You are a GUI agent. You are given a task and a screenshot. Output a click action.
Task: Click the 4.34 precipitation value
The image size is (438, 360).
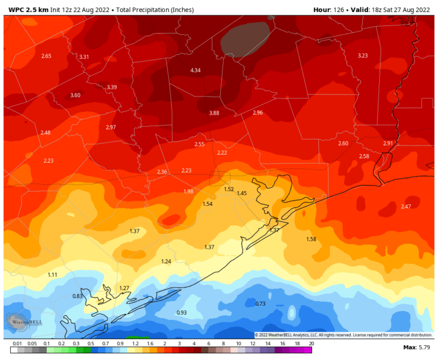click(196, 70)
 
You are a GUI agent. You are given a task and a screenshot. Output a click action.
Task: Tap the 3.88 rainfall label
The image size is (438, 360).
click(214, 113)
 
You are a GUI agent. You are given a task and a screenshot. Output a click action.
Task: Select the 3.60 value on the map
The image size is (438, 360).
click(75, 95)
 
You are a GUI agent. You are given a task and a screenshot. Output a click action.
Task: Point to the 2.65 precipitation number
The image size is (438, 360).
click(46, 55)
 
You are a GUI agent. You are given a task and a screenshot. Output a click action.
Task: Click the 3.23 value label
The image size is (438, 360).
click(363, 55)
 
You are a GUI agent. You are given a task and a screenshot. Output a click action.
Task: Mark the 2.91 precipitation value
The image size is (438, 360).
click(388, 143)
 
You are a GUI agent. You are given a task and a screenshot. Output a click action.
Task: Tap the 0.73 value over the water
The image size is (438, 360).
click(260, 304)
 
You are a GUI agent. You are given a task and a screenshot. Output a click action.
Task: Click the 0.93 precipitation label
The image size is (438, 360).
click(181, 312)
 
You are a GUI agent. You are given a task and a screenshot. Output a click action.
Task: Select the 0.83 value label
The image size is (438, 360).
click(78, 296)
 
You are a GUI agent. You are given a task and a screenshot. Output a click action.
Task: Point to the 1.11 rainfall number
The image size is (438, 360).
click(52, 274)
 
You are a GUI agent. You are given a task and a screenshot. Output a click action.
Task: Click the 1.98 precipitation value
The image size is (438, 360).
click(188, 191)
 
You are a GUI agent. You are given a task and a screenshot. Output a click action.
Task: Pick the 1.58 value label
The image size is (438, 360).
click(311, 238)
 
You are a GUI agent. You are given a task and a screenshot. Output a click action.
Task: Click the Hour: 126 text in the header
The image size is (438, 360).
click(330, 10)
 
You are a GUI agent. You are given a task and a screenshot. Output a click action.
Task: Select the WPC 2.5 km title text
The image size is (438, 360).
click(27, 10)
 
